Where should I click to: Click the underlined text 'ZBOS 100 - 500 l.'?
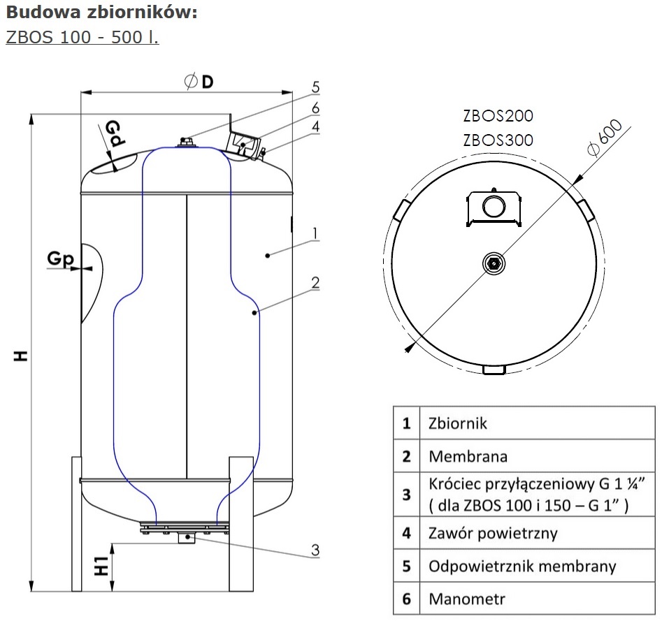[x=82, y=36]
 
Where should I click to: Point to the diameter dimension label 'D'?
[x=207, y=82]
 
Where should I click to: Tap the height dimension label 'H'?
[x=22, y=356]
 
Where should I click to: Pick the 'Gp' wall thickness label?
[x=60, y=259]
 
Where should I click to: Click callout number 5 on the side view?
[x=315, y=87]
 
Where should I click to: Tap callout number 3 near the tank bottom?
[x=315, y=550]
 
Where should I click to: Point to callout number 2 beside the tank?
[x=315, y=283]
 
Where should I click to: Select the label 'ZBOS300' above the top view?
[x=498, y=140]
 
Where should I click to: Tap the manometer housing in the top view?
[x=494, y=207]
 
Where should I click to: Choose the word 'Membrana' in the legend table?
[x=467, y=457]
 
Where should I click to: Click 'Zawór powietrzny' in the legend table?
[x=492, y=534]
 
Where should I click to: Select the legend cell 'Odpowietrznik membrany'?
[x=522, y=566]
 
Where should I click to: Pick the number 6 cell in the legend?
[x=406, y=599]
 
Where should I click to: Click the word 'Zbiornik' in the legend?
[x=457, y=423]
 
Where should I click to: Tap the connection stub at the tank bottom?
[x=187, y=539]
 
